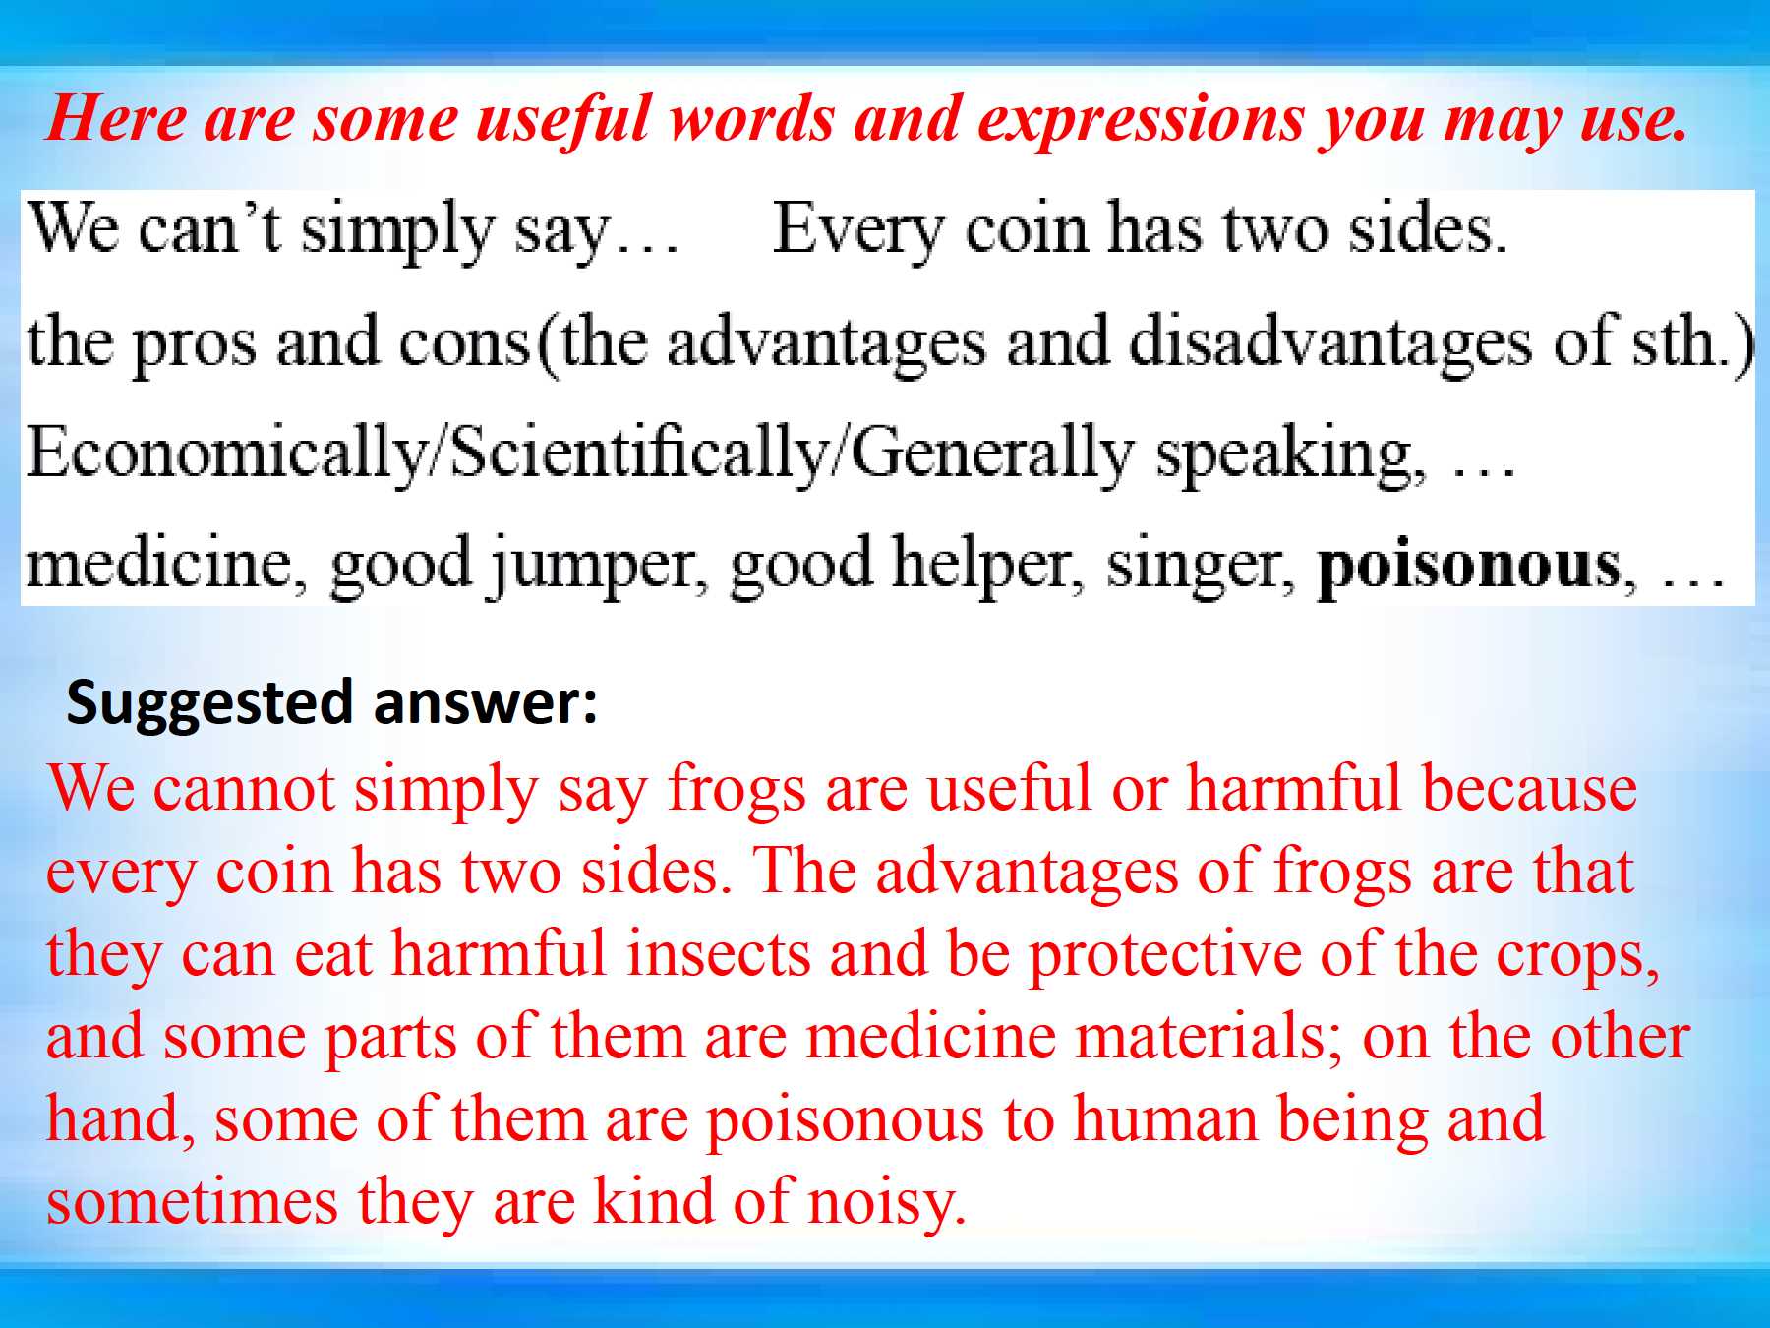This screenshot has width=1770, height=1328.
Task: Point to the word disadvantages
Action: click(1329, 342)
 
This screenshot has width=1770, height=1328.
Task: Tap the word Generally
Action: click(991, 453)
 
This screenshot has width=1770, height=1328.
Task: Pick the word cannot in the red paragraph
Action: click(246, 789)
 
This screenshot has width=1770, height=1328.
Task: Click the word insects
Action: click(719, 954)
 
